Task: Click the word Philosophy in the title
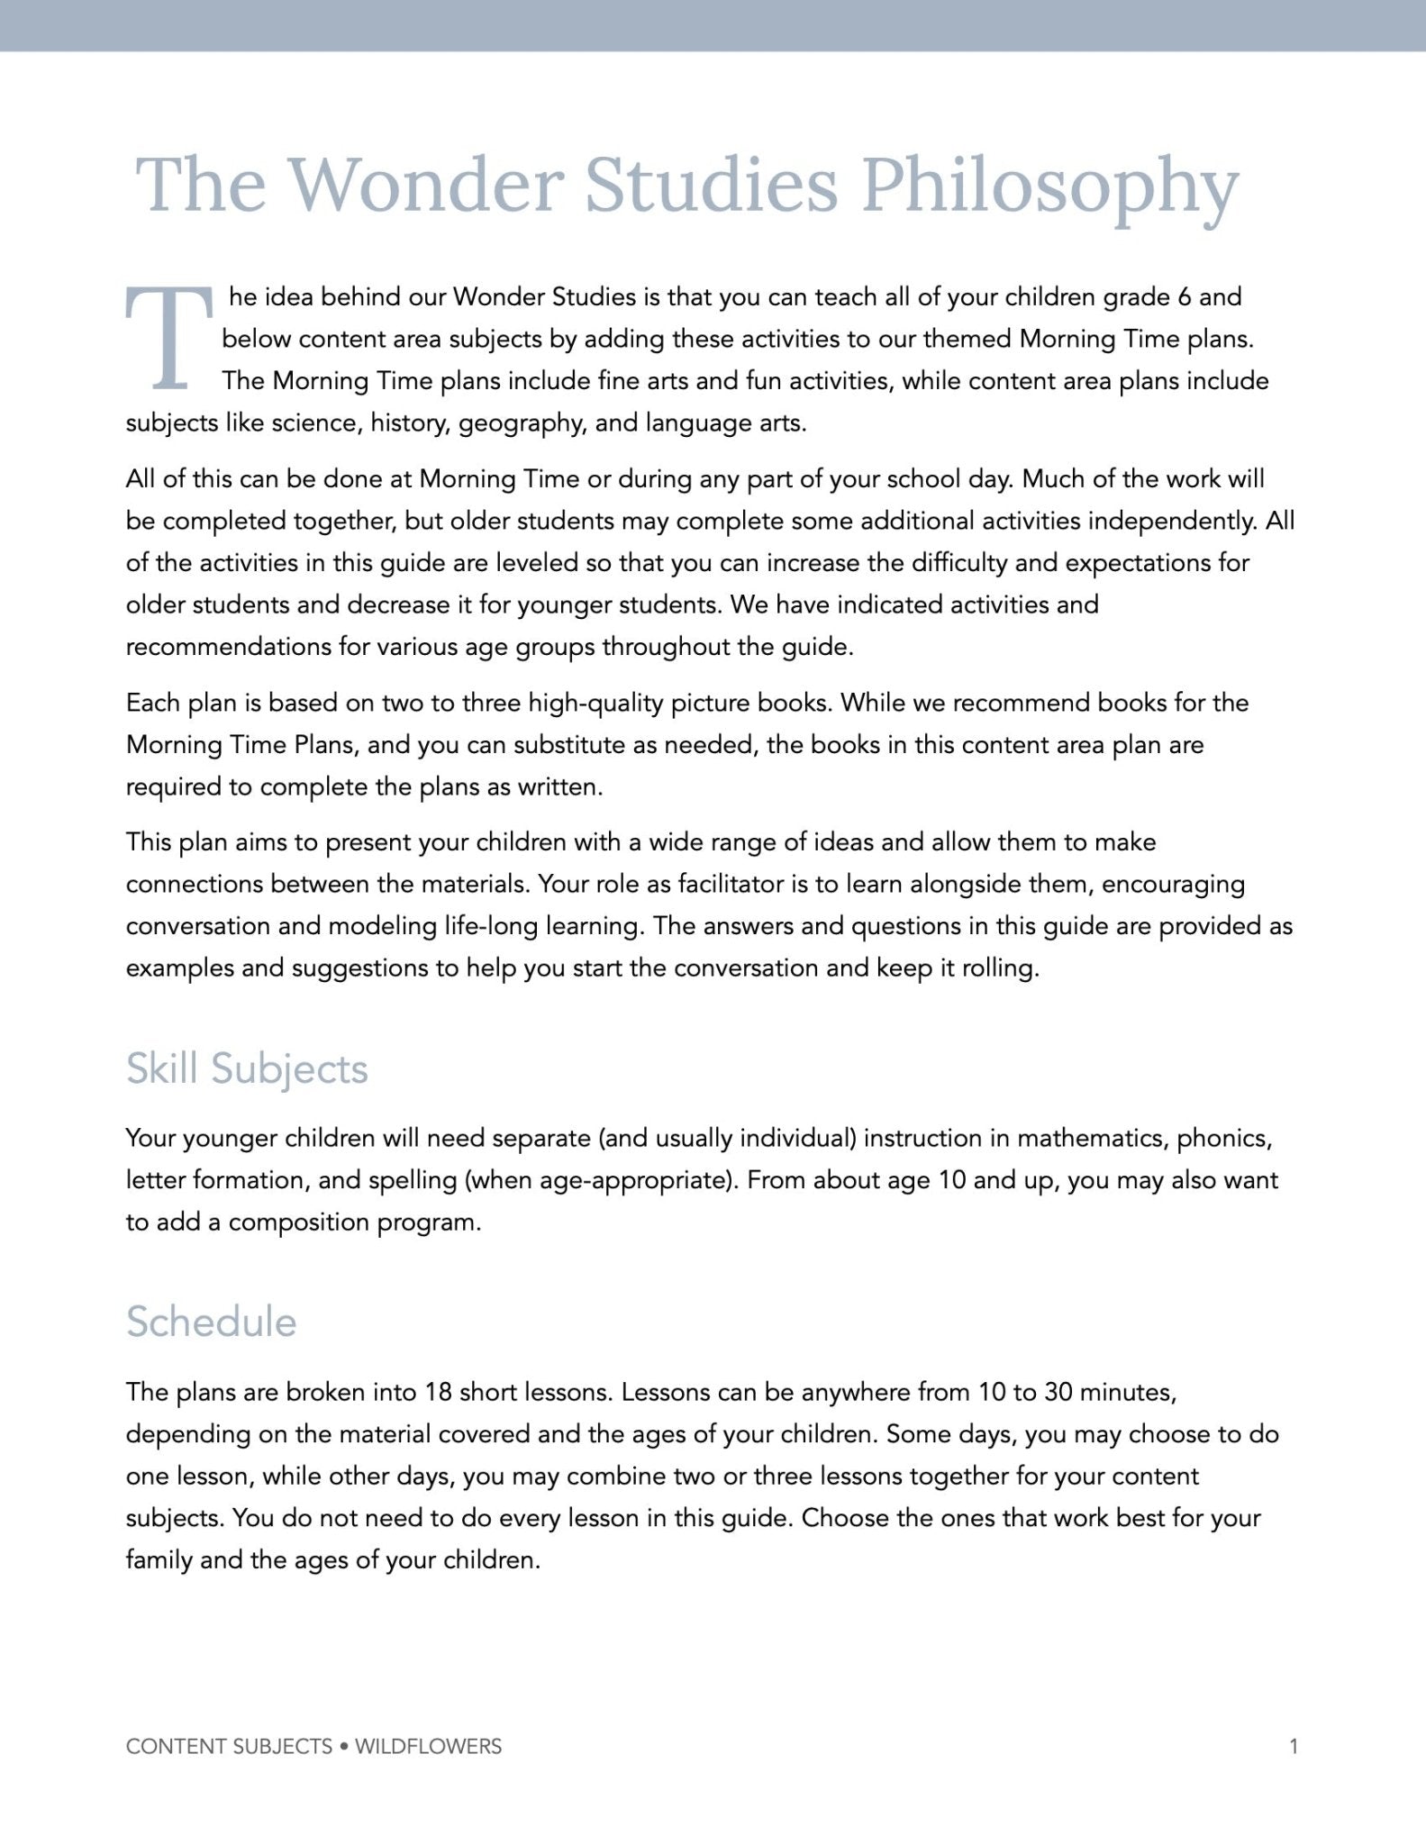pos(1050,186)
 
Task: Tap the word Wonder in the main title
pos(424,185)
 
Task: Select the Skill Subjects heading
pos(247,1069)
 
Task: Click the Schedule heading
pos(211,1322)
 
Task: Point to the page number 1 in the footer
pos(1294,1747)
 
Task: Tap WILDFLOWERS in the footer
pos(428,1747)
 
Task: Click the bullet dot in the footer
pos(343,1747)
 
